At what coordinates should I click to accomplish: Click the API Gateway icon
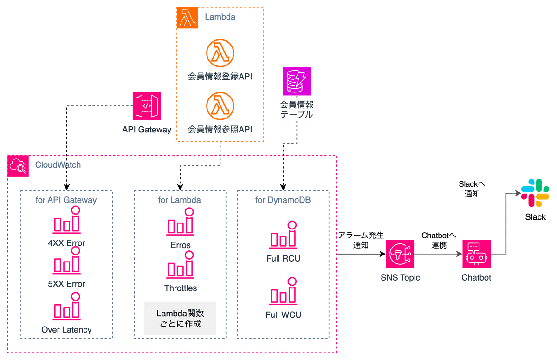pos(146,106)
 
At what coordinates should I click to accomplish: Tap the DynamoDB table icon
pos(297,80)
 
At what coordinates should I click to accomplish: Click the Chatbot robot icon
pos(476,254)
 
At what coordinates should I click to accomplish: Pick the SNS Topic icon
pos(400,254)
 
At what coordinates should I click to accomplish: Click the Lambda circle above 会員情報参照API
pos(220,105)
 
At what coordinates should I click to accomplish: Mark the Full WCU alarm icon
pos(283,293)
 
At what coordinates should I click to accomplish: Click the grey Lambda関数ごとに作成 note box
pos(181,318)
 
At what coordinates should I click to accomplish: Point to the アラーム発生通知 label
pos(361,240)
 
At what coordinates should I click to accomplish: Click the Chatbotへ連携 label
pos(439,241)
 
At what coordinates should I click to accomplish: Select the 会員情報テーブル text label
pos(297,110)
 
